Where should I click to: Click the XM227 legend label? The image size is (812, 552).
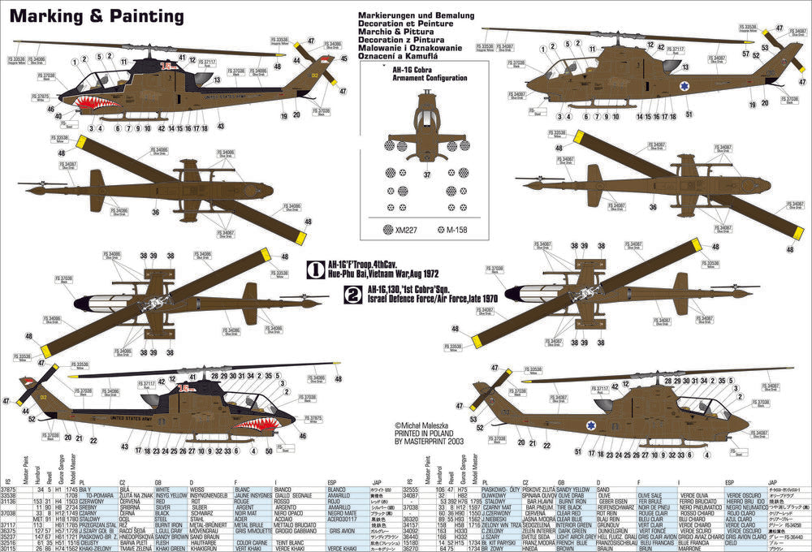point(404,230)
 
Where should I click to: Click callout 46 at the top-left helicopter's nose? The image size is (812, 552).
point(50,108)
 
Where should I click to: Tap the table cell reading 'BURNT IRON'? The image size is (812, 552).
point(572,503)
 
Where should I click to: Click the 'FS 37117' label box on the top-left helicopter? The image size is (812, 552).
point(209,61)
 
